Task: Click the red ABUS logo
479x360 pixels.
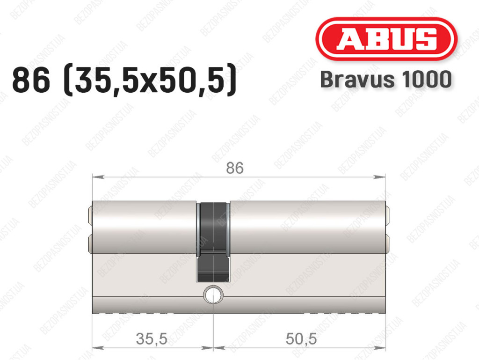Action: (386, 39)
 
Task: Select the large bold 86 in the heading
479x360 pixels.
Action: (31, 80)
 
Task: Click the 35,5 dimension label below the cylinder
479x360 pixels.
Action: (152, 338)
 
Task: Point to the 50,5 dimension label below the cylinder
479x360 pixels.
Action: (301, 338)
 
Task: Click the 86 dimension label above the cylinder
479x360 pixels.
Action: (235, 168)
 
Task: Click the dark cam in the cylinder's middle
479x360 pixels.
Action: (213, 242)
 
